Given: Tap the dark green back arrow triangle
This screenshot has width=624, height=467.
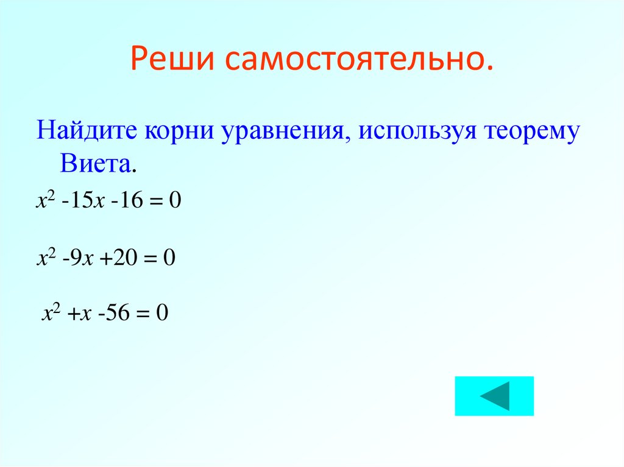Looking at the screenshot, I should (495, 396).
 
